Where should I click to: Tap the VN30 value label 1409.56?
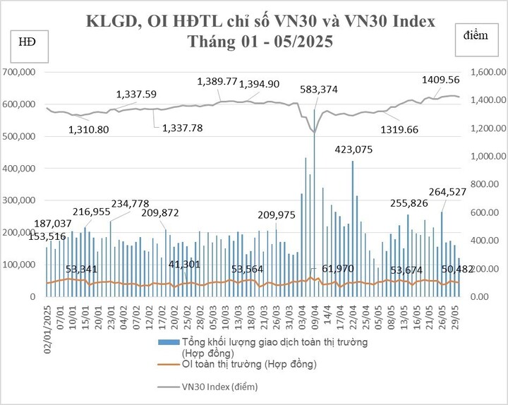pos(441,80)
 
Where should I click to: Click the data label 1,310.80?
pos(89,130)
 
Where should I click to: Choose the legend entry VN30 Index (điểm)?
pos(219,387)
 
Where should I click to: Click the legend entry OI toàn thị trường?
pos(248,365)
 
